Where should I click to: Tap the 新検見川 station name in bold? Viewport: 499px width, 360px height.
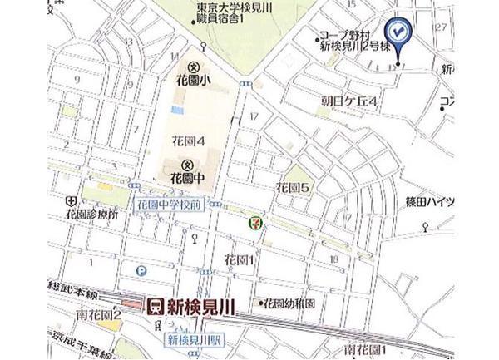pyautogui.click(x=200, y=307)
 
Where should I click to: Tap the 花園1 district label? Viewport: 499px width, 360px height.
pyautogui.click(x=238, y=260)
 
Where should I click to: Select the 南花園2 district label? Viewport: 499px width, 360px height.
pyautogui.click(x=98, y=317)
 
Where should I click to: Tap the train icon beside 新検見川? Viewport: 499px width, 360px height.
pyautogui.click(x=154, y=307)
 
